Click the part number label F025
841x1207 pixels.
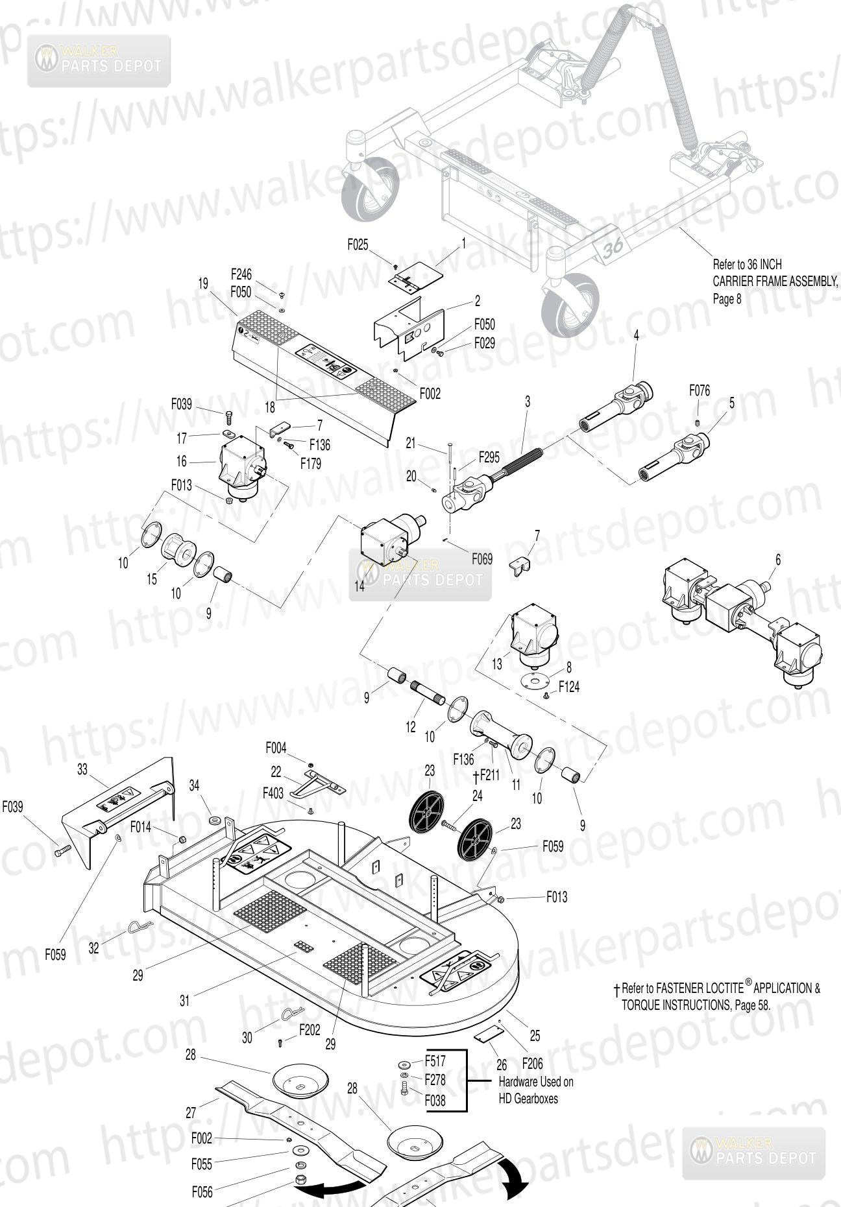pos(357,245)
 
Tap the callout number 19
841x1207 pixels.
pos(203,283)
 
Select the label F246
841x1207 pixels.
pos(241,274)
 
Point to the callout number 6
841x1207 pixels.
pos(778,560)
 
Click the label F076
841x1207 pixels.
pos(700,390)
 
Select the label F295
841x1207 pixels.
pos(489,457)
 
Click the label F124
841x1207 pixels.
pos(568,686)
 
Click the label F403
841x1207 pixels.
pos(273,793)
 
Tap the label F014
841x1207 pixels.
pos(141,826)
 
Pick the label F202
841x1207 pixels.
pos(310,1029)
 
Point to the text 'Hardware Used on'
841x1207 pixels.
pos(535,1082)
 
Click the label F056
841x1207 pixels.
pos(202,1191)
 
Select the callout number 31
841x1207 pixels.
pos(185,1001)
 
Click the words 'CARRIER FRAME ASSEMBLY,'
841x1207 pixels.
pos(775,281)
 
